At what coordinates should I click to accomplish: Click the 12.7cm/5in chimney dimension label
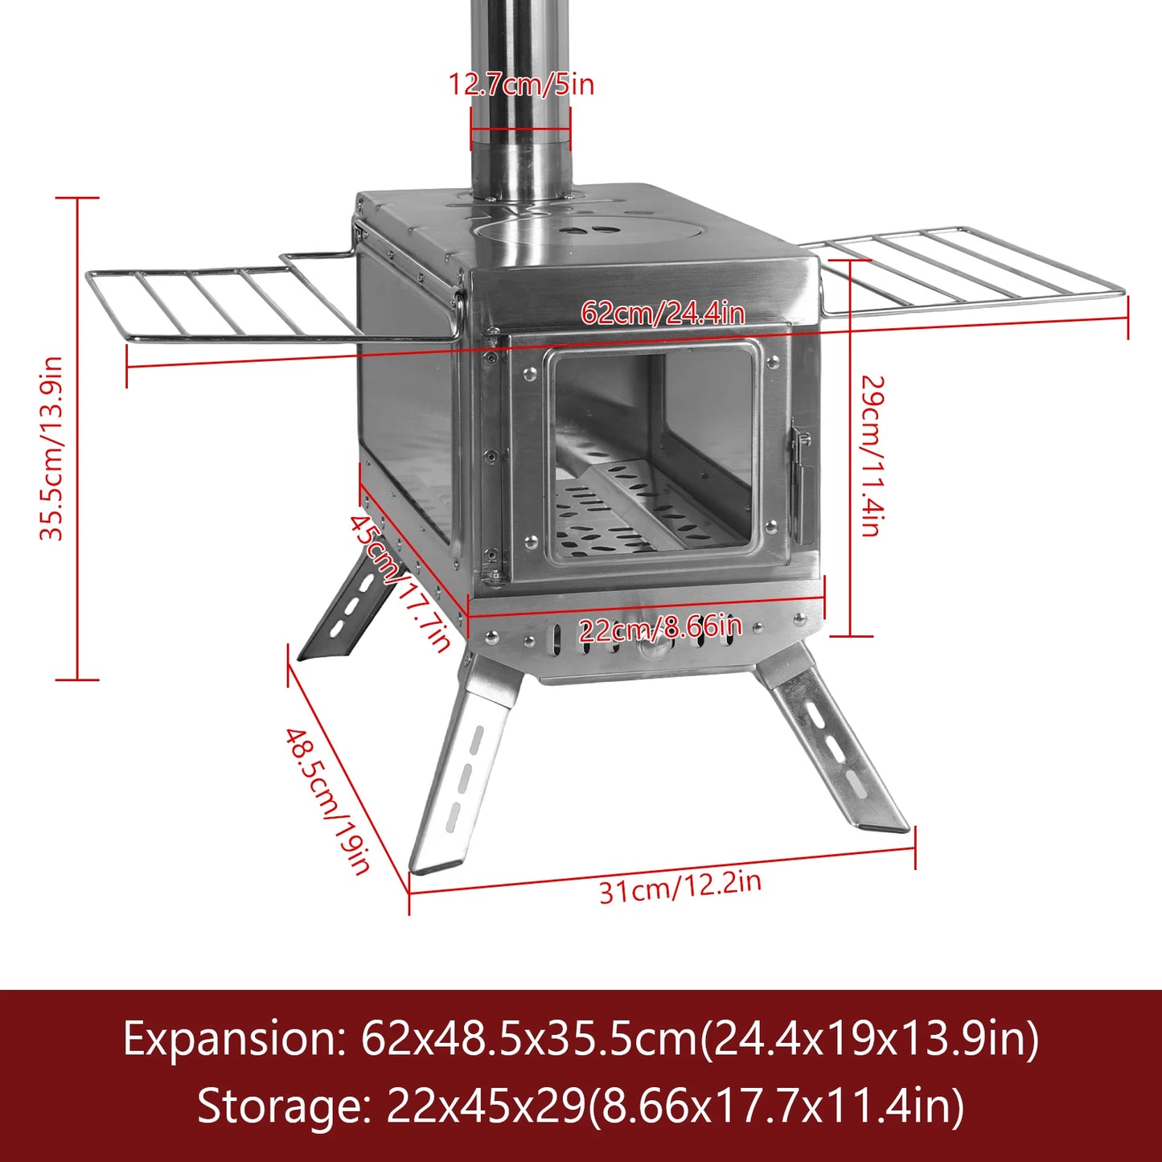(x=521, y=84)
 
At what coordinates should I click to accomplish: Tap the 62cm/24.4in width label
(x=663, y=313)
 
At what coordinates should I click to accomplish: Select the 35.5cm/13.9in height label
(x=51, y=449)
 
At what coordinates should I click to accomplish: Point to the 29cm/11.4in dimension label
(x=872, y=455)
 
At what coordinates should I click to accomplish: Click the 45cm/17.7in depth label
(x=400, y=583)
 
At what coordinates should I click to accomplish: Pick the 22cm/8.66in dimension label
(x=660, y=627)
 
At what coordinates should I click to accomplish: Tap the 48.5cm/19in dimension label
(x=327, y=801)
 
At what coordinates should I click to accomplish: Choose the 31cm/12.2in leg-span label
(x=680, y=886)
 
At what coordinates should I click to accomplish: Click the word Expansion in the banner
(x=233, y=1039)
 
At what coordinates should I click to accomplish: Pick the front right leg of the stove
(x=832, y=748)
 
